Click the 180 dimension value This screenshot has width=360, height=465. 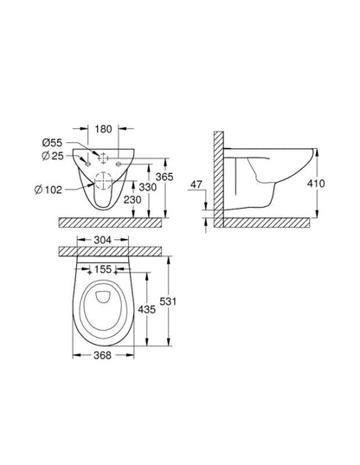[x=103, y=129]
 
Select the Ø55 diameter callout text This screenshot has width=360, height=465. [x=52, y=143]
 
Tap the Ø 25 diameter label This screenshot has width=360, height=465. [x=53, y=156]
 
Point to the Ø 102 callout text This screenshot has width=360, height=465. [x=48, y=189]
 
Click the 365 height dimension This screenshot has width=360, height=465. [x=164, y=177]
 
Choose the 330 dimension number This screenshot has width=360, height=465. [x=148, y=187]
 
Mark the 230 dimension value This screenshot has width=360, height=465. [x=132, y=199]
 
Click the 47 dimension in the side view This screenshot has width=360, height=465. [x=196, y=184]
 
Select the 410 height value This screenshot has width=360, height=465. [x=316, y=184]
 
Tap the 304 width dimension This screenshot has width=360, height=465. [x=102, y=240]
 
